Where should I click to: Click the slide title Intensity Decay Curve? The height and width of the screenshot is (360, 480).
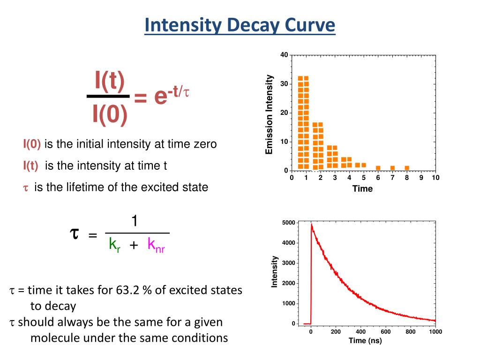tap(240, 25)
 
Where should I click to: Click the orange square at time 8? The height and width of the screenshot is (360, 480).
tap(407, 168)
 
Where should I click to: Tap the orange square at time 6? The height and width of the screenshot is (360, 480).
tap(378, 168)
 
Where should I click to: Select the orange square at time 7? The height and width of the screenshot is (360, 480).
tap(392, 168)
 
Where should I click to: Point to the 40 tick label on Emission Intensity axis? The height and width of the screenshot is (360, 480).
tap(284, 55)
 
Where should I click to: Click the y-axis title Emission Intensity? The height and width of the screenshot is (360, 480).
tap(269, 114)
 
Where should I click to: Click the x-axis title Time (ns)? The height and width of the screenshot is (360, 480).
tap(365, 341)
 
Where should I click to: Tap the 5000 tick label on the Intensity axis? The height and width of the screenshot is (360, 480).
tap(289, 222)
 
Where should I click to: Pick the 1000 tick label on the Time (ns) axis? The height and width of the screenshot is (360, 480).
tap(435, 332)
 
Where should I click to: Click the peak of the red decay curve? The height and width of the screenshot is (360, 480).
tap(312, 225)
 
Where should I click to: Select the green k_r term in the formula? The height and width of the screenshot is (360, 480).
tap(114, 244)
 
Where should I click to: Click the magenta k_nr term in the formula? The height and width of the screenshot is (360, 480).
tap(156, 244)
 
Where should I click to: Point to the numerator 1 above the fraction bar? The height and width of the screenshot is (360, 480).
tap(135, 221)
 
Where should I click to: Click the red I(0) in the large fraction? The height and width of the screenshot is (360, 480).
tap(110, 115)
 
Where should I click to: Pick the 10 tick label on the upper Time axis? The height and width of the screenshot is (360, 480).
tap(435, 178)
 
